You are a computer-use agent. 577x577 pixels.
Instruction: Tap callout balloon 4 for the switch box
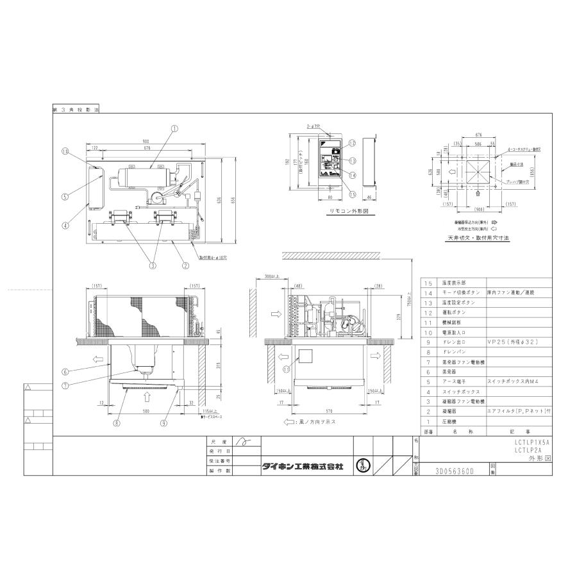click(65, 224)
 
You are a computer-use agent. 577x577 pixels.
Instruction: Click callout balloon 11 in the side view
click(287, 369)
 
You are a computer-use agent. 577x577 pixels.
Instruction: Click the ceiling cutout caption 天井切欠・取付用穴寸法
click(478, 237)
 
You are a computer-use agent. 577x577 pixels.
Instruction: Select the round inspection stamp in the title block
click(363, 466)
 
